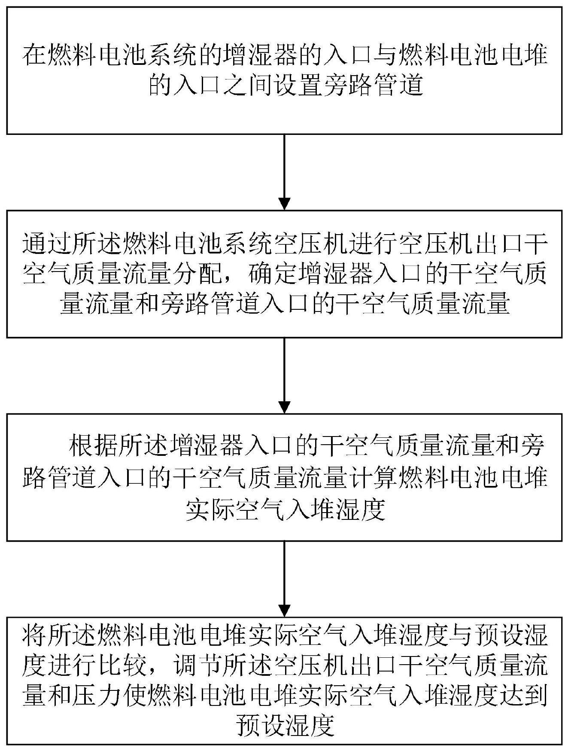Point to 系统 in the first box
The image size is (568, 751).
click(x=186, y=56)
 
